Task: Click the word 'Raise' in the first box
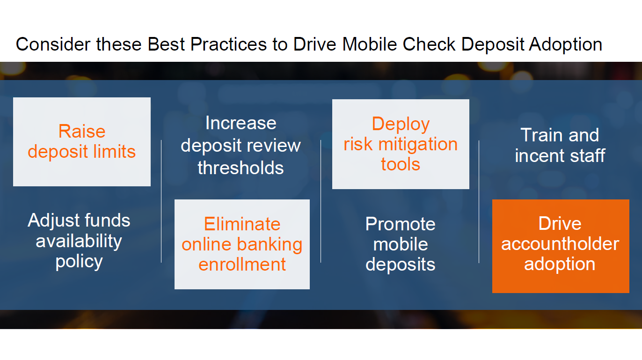tap(82, 131)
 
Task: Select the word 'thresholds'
tap(241, 168)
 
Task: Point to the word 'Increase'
tap(241, 123)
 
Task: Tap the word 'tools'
tap(401, 164)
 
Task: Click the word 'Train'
tap(542, 135)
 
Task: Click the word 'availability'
tap(79, 242)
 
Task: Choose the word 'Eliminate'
tap(242, 224)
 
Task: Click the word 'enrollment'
tap(242, 264)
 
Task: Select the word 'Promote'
tap(401, 224)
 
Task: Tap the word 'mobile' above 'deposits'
tap(401, 244)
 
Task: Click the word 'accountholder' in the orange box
tap(560, 244)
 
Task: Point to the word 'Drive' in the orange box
tap(560, 223)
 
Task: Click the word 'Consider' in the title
tap(53, 44)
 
